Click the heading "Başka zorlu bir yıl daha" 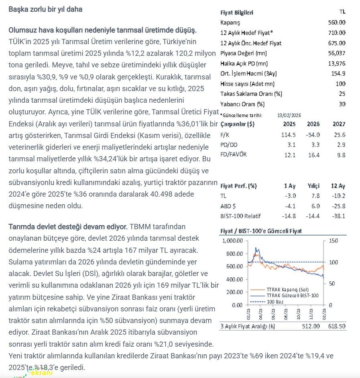coord(45,9)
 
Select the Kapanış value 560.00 coord(336,22)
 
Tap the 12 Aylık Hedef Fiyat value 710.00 coord(336,33)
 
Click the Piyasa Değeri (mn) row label coord(238,53)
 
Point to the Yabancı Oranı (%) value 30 coord(342,104)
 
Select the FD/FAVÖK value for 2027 coord(341,155)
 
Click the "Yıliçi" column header coord(313,186)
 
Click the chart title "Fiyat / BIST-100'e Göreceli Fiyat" coord(261,231)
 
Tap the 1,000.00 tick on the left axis coord(232,241)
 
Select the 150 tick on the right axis coord(334,241)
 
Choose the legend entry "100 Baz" coord(276,301)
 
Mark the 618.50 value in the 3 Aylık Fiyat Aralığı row coord(336,326)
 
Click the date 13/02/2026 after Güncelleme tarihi coord(289,115)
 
